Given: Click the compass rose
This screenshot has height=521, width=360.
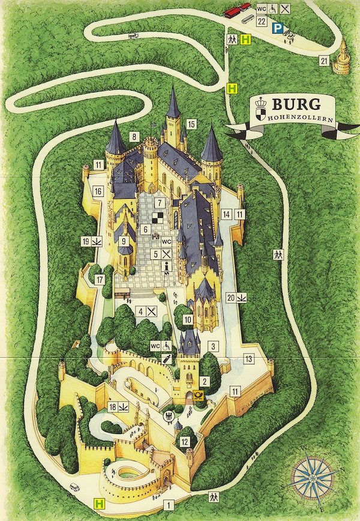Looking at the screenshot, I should (314, 478).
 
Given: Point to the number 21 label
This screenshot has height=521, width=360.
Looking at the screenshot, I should (323, 61).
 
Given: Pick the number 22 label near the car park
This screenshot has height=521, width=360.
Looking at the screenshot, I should (261, 20).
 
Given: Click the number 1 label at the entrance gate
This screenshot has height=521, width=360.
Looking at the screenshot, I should (169, 505).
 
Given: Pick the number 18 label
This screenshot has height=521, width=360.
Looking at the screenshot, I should (112, 408).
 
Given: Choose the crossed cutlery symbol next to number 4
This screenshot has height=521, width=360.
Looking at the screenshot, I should (152, 312).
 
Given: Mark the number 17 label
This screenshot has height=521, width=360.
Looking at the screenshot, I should (100, 279).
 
